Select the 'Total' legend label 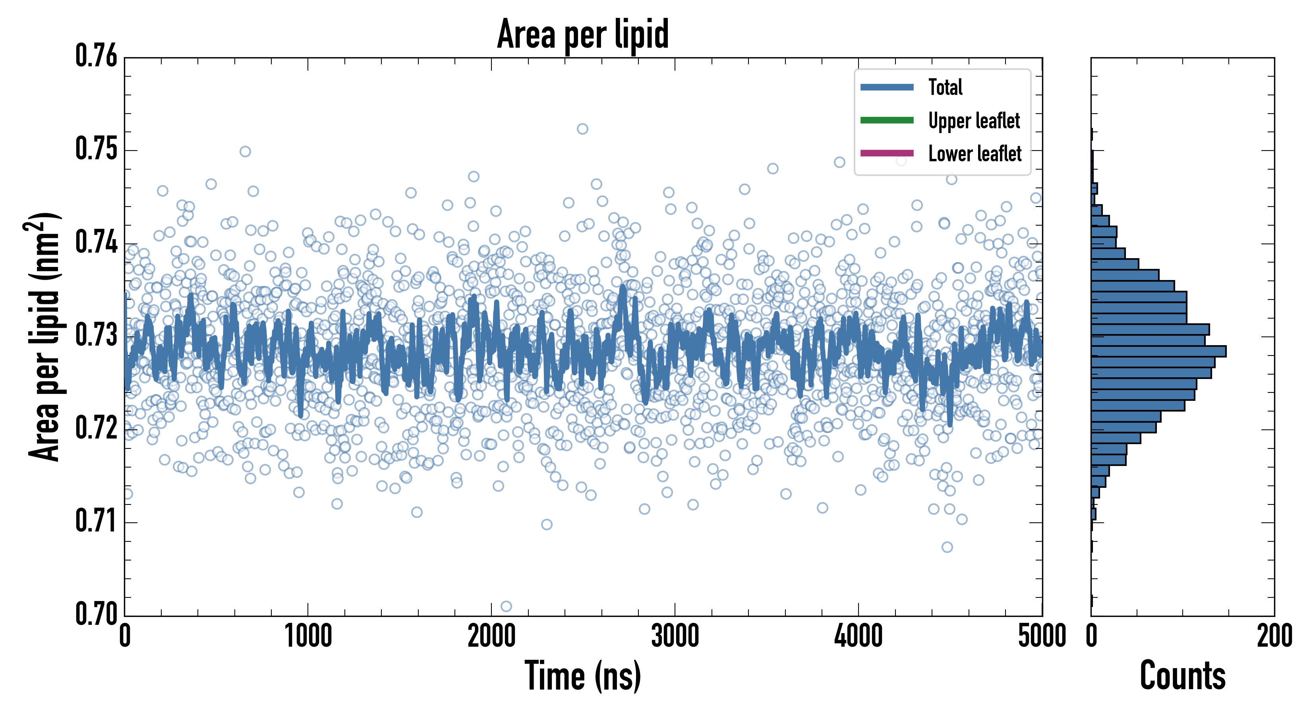coord(945,87)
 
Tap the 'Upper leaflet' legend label coord(974,121)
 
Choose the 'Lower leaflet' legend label coord(975,154)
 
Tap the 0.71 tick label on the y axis coord(96,521)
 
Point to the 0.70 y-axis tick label coord(96,613)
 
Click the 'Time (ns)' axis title coord(583,676)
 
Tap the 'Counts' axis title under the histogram coord(1183,676)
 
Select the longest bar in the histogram coord(1158,351)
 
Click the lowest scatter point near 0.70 coord(506,606)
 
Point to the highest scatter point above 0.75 coord(582,129)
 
